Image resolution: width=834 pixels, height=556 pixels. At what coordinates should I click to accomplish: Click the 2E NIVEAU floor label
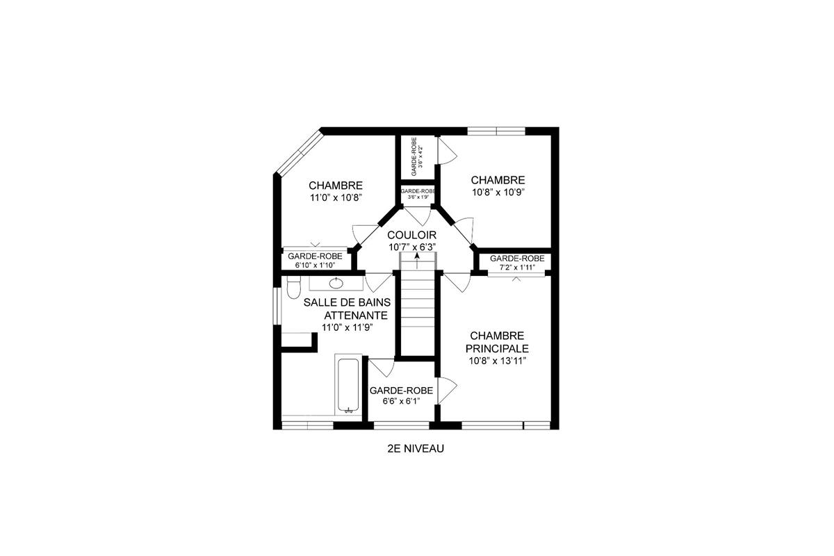pos(416,449)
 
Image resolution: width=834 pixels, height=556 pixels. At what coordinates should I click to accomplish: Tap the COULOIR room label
pos(412,235)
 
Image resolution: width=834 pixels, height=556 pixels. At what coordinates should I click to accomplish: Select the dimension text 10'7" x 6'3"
pos(412,247)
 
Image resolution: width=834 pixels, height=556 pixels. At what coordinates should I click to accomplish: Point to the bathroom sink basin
pos(336,283)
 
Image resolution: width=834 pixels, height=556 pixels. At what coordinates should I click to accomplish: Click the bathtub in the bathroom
pos(347,386)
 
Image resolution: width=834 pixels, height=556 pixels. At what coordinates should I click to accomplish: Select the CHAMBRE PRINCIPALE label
pos(497,342)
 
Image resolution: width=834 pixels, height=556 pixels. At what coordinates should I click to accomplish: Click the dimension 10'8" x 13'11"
pos(497,361)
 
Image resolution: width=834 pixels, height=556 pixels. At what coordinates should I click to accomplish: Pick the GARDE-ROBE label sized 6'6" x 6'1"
pos(401,391)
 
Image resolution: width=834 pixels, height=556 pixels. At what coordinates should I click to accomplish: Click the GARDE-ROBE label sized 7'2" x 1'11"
pos(516,259)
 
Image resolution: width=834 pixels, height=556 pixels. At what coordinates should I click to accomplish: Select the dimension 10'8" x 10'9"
pos(497,192)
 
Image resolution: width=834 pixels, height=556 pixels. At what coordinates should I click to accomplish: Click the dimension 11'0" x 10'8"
pos(336,197)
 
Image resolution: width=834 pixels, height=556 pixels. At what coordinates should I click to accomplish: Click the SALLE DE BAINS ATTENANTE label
pos(347,308)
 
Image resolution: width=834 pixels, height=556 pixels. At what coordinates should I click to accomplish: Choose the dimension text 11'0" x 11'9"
pos(347,327)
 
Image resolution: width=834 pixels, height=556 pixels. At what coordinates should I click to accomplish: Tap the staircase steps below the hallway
pos(417,306)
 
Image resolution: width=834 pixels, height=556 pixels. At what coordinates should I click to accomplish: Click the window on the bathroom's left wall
pos(277,304)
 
